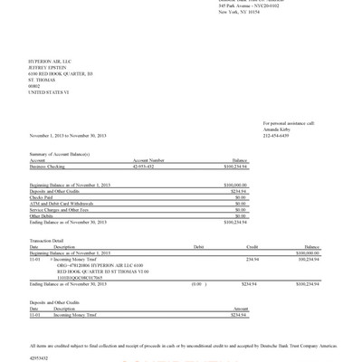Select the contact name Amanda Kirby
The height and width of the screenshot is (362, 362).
pyautogui.click(x=278, y=129)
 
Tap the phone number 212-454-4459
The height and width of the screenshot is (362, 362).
pyautogui.click(x=277, y=134)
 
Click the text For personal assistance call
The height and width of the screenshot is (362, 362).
pyautogui.click(x=289, y=122)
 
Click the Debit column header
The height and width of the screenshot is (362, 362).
pyautogui.click(x=199, y=246)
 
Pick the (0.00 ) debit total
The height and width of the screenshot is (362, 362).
pyautogui.click(x=199, y=284)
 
